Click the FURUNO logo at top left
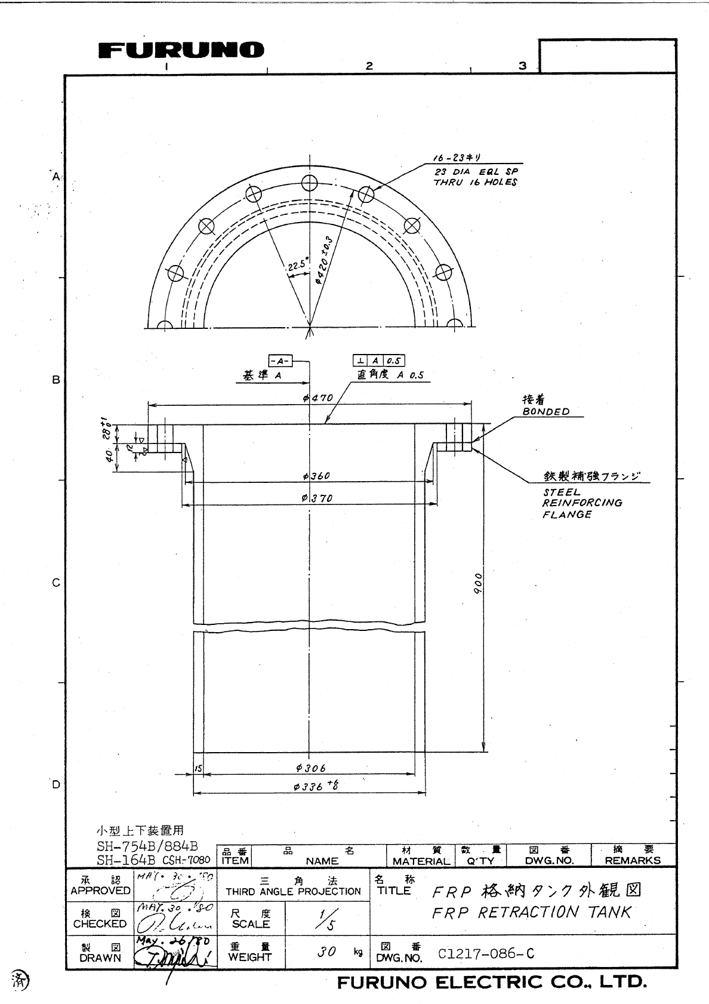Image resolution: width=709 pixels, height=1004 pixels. tap(181, 50)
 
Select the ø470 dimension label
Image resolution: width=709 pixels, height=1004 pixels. tap(317, 398)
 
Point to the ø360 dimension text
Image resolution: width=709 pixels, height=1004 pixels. tap(316, 476)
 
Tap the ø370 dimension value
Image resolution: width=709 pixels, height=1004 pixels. tap(317, 498)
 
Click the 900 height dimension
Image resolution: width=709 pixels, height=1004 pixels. tap(478, 583)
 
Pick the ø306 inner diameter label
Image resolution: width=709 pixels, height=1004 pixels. tap(311, 768)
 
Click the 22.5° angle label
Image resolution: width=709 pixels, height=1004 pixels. tap(297, 265)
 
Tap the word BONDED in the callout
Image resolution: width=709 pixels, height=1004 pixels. tap(546, 411)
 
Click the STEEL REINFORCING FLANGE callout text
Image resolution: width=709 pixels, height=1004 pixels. tap(582, 503)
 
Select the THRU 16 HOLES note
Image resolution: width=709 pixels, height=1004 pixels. tap(475, 183)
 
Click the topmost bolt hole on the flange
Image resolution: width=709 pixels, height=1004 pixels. tap(309, 182)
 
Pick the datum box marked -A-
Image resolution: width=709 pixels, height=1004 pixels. tap(280, 361)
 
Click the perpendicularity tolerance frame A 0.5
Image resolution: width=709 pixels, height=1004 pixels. tap(378, 361)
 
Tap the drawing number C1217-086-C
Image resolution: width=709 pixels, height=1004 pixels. tap(486, 953)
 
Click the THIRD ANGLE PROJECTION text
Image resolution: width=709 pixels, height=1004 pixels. tap(293, 891)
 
